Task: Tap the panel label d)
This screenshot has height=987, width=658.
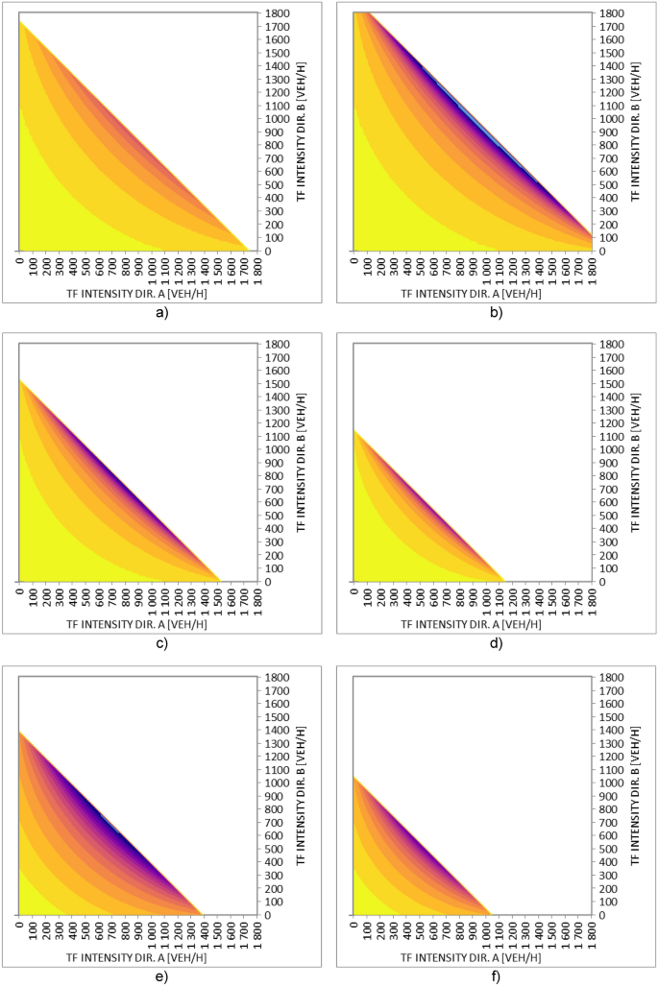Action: click(496, 643)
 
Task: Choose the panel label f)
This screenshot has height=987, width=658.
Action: click(496, 976)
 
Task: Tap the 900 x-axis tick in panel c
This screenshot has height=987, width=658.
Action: click(138, 597)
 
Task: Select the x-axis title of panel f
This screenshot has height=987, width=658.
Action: click(471, 956)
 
